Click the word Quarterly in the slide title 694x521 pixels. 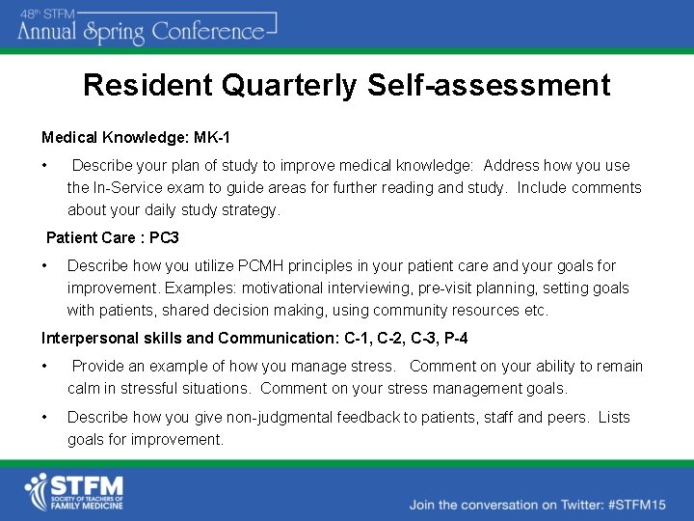tap(290, 86)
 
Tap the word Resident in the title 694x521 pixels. tap(147, 86)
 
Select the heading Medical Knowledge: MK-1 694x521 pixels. tap(136, 139)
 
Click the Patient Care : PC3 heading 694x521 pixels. tap(113, 237)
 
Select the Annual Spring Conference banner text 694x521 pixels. tap(145, 31)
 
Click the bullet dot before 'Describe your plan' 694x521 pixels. tap(44, 166)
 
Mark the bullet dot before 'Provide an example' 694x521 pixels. tap(44, 367)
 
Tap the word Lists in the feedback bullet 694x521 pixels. tap(613, 418)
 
